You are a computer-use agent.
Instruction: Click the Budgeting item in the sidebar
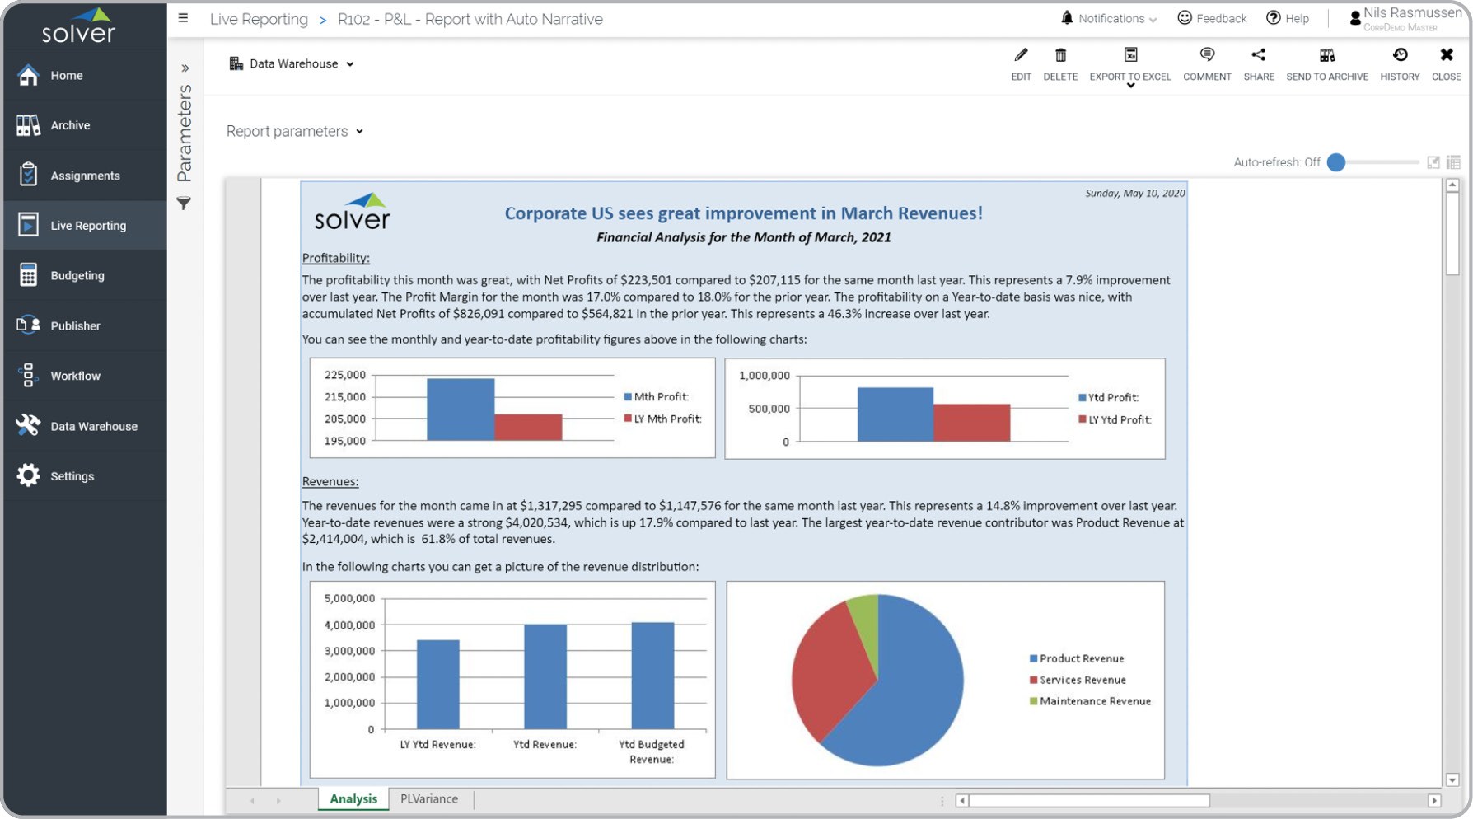coord(77,276)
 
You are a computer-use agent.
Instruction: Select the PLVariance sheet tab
coord(428,798)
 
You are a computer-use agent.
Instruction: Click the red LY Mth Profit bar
coord(528,427)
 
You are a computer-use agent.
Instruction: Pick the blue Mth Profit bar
coord(460,409)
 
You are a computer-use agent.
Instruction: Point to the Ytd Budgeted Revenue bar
coord(652,676)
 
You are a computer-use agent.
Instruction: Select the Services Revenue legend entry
coord(1082,680)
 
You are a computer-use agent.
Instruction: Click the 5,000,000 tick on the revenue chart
coord(349,598)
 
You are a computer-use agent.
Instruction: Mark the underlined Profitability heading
coord(335,258)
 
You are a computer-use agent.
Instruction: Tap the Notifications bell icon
coord(1067,18)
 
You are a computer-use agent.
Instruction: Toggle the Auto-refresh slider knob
coord(1336,162)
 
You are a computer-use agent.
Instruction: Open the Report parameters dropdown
coord(294,132)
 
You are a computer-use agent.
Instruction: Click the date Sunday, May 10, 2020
coord(1134,194)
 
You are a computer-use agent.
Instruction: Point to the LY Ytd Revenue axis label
coord(437,744)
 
